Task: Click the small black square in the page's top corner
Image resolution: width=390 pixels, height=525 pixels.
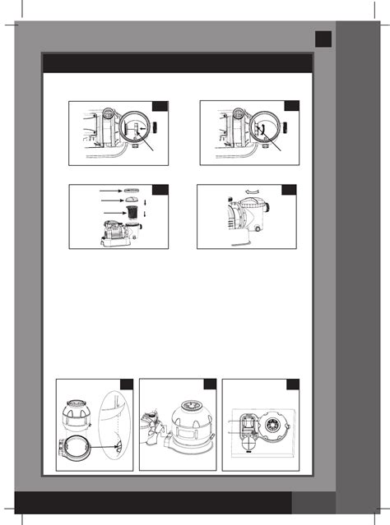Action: [323, 39]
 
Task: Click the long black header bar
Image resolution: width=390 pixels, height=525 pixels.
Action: [177, 63]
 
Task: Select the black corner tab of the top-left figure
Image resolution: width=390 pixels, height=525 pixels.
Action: [161, 107]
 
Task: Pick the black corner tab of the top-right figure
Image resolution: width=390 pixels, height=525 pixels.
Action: [292, 107]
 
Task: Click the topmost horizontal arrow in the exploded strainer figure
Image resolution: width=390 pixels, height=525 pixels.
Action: [109, 189]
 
